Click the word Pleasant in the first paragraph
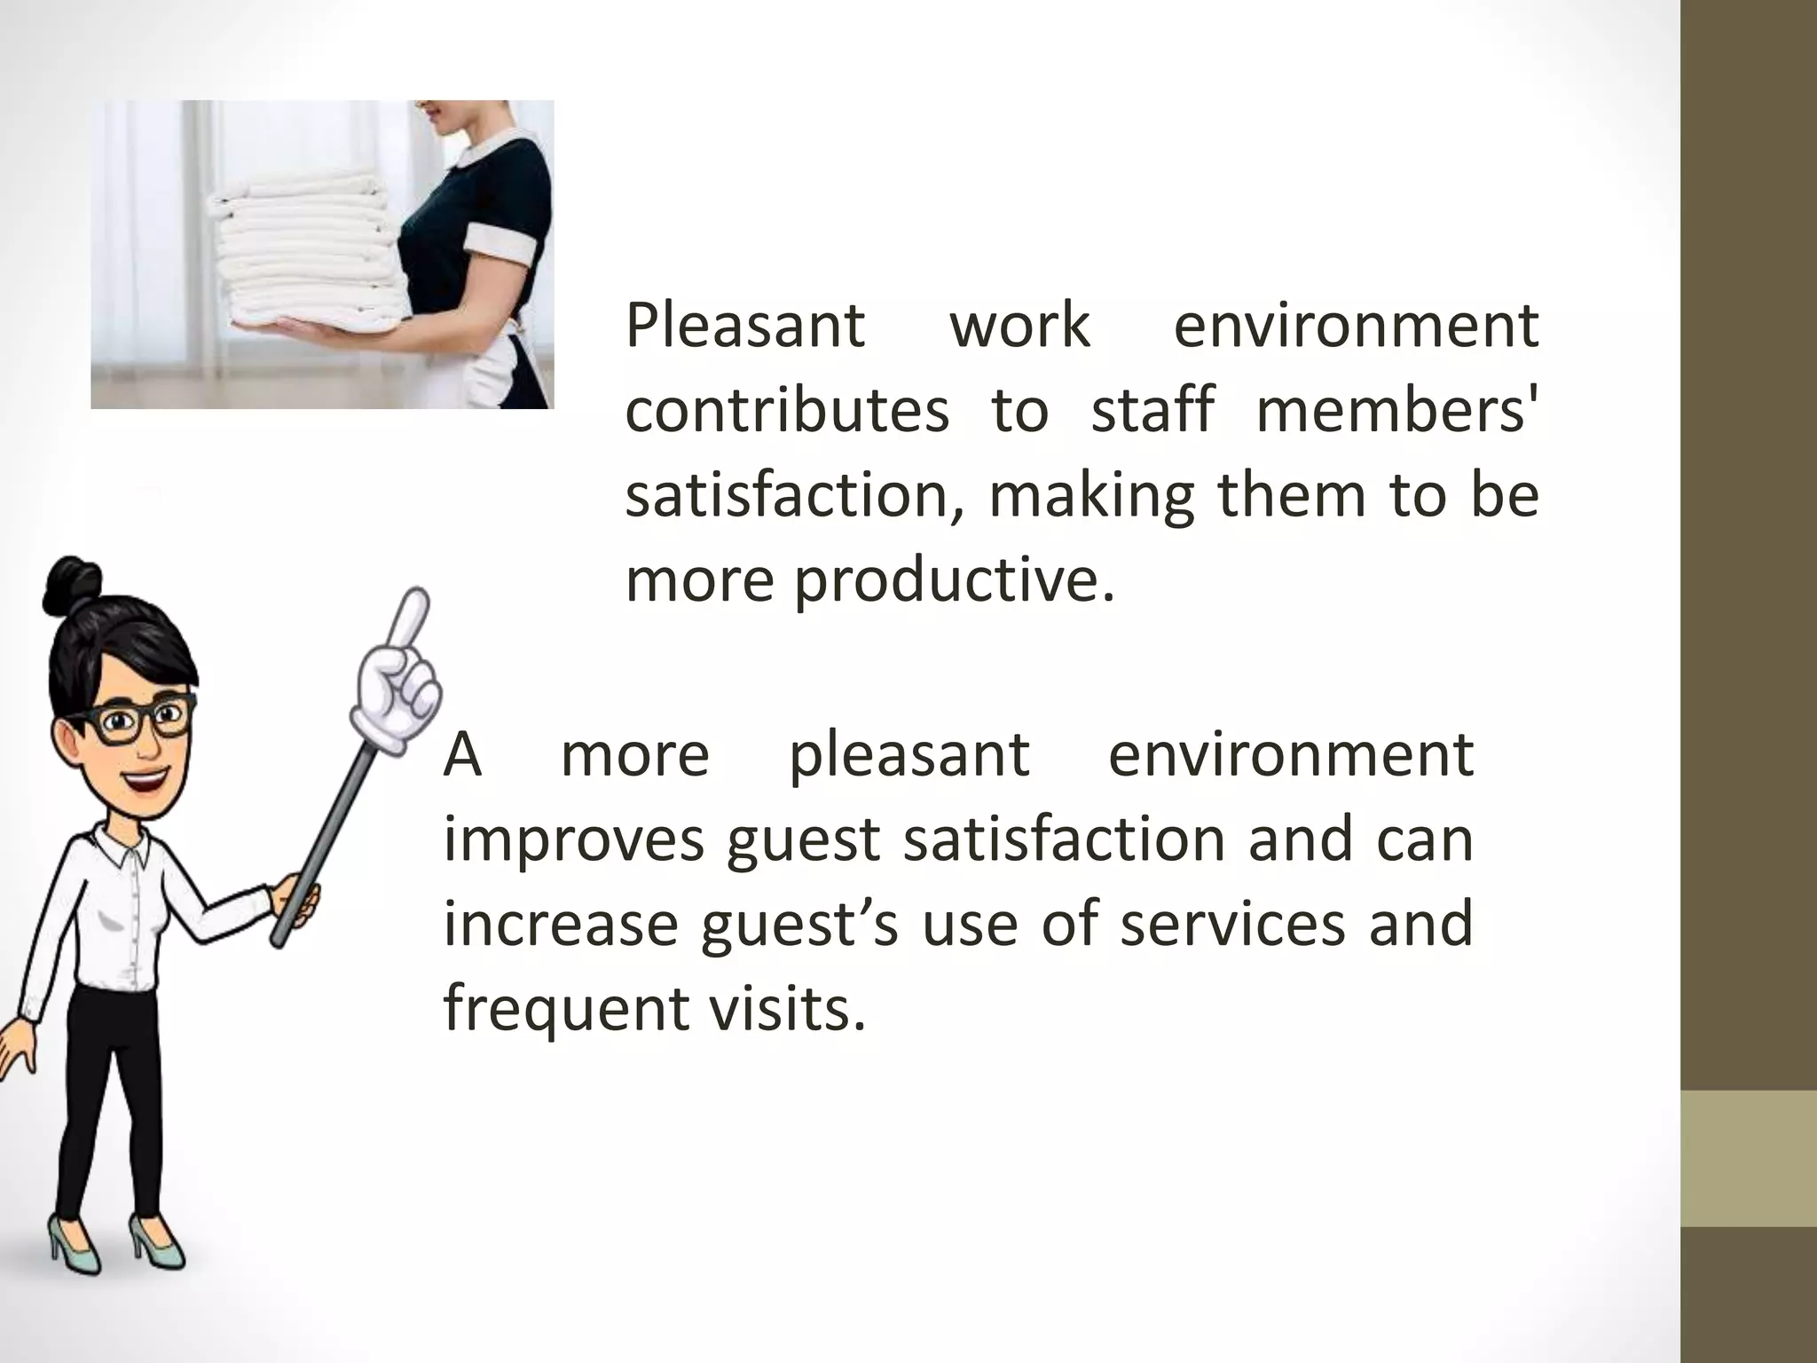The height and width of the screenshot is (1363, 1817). pos(744,326)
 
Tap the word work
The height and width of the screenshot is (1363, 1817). pos(1019,326)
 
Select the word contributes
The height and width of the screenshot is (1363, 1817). pos(787,410)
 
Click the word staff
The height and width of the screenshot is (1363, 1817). pos(1152,410)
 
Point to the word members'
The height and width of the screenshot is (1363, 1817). pos(1396,410)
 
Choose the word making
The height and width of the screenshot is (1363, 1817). pos(1092,495)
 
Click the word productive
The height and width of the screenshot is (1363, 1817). pos(954,581)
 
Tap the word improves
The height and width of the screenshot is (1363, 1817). pos(574,839)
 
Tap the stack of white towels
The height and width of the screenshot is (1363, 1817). pos(302,248)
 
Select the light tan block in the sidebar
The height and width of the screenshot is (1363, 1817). pos(1749,1158)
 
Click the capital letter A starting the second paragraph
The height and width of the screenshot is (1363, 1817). pos(462,755)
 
